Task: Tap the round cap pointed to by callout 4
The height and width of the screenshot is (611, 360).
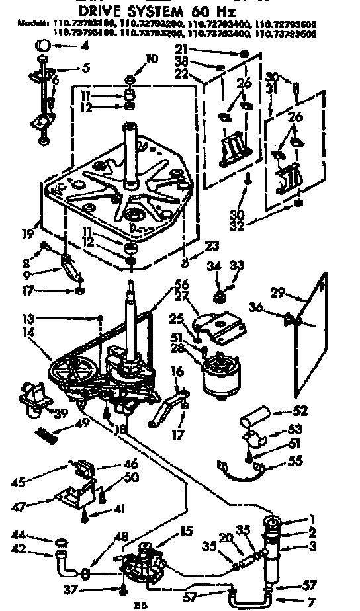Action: [x=42, y=46]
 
